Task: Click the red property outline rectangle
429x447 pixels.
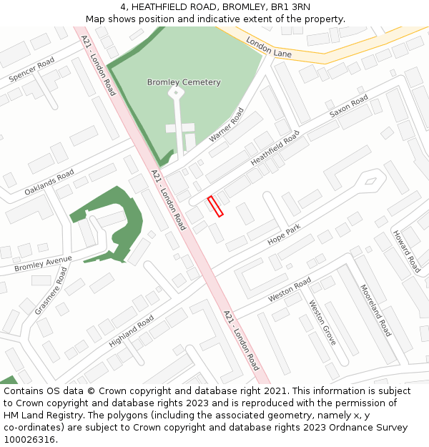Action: point(215,206)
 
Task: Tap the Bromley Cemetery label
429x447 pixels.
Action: point(184,82)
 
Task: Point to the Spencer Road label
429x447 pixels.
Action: point(31,70)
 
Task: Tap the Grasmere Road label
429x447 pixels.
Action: point(51,291)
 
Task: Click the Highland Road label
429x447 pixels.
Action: point(131,332)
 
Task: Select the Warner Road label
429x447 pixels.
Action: point(226,124)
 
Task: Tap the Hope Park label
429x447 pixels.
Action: point(284,236)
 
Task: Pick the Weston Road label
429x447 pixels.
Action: point(290,289)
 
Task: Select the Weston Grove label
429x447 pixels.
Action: point(322,322)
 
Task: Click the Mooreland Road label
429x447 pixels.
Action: point(375,310)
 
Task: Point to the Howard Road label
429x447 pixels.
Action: point(406,251)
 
